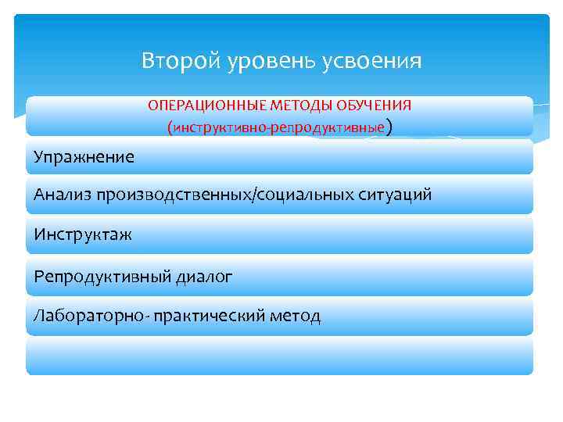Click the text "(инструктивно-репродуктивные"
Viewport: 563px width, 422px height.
click(x=275, y=127)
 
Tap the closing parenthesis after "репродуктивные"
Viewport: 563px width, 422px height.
click(x=389, y=127)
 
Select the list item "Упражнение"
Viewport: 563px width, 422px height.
click(x=84, y=157)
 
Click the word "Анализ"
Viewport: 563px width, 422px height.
click(x=63, y=195)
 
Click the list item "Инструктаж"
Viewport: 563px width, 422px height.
click(x=83, y=234)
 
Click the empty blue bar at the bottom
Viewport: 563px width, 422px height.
click(x=279, y=356)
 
